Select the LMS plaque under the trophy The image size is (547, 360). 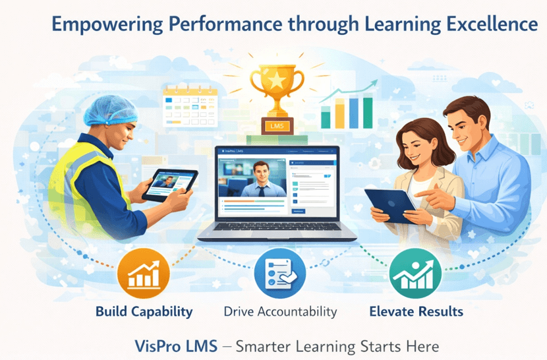pos(276,125)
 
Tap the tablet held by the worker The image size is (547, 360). pos(170,180)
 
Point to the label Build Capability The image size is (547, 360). pos(144,311)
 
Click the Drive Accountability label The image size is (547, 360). pos(280,311)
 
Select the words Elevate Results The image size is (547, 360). pos(416,311)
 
